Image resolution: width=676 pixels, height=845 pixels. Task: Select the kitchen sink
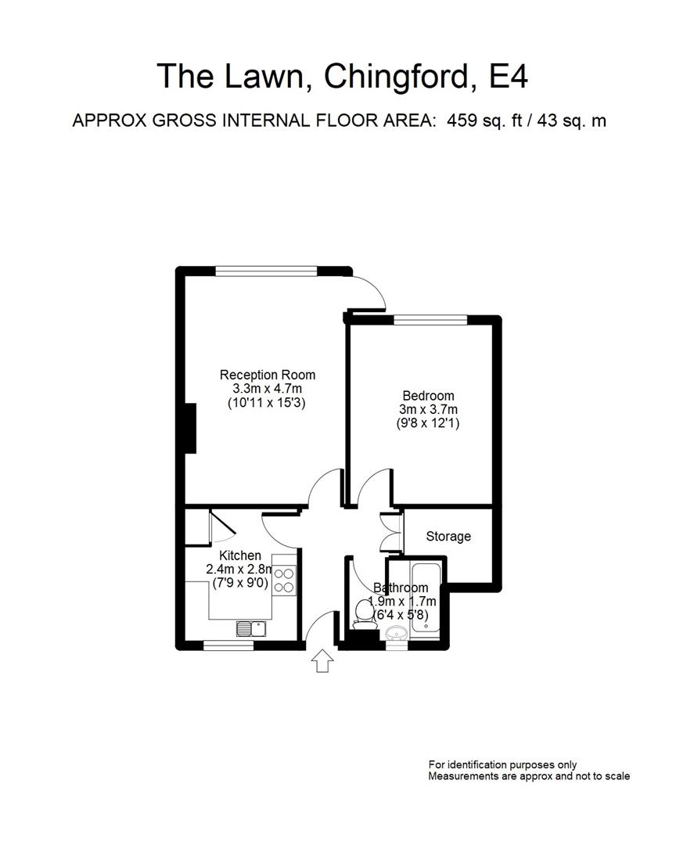point(252,627)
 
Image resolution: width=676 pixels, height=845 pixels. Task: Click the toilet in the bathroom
point(362,610)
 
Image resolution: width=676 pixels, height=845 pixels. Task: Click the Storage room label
point(448,537)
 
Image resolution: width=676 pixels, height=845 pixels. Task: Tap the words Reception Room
point(268,374)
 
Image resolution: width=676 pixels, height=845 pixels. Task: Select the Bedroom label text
point(428,396)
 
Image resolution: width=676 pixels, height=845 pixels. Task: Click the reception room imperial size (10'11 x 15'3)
point(268,403)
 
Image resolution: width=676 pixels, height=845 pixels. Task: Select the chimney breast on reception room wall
point(189,426)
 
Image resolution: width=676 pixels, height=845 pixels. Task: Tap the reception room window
point(267,271)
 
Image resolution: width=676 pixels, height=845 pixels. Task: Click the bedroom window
point(430,319)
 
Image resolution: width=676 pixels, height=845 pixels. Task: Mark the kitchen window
point(228,645)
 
